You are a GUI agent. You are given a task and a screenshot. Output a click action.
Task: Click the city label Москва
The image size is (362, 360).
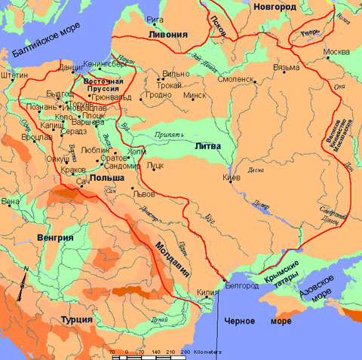(336, 53)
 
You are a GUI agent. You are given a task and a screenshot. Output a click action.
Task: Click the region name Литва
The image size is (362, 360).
(208, 145)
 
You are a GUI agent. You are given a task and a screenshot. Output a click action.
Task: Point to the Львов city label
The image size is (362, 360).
(143, 194)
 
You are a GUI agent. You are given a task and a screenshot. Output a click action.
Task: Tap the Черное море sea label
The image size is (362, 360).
(247, 322)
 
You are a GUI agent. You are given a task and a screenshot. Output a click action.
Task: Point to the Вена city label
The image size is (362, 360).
(11, 202)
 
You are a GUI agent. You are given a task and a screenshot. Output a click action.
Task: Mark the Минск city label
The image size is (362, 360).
(195, 96)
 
